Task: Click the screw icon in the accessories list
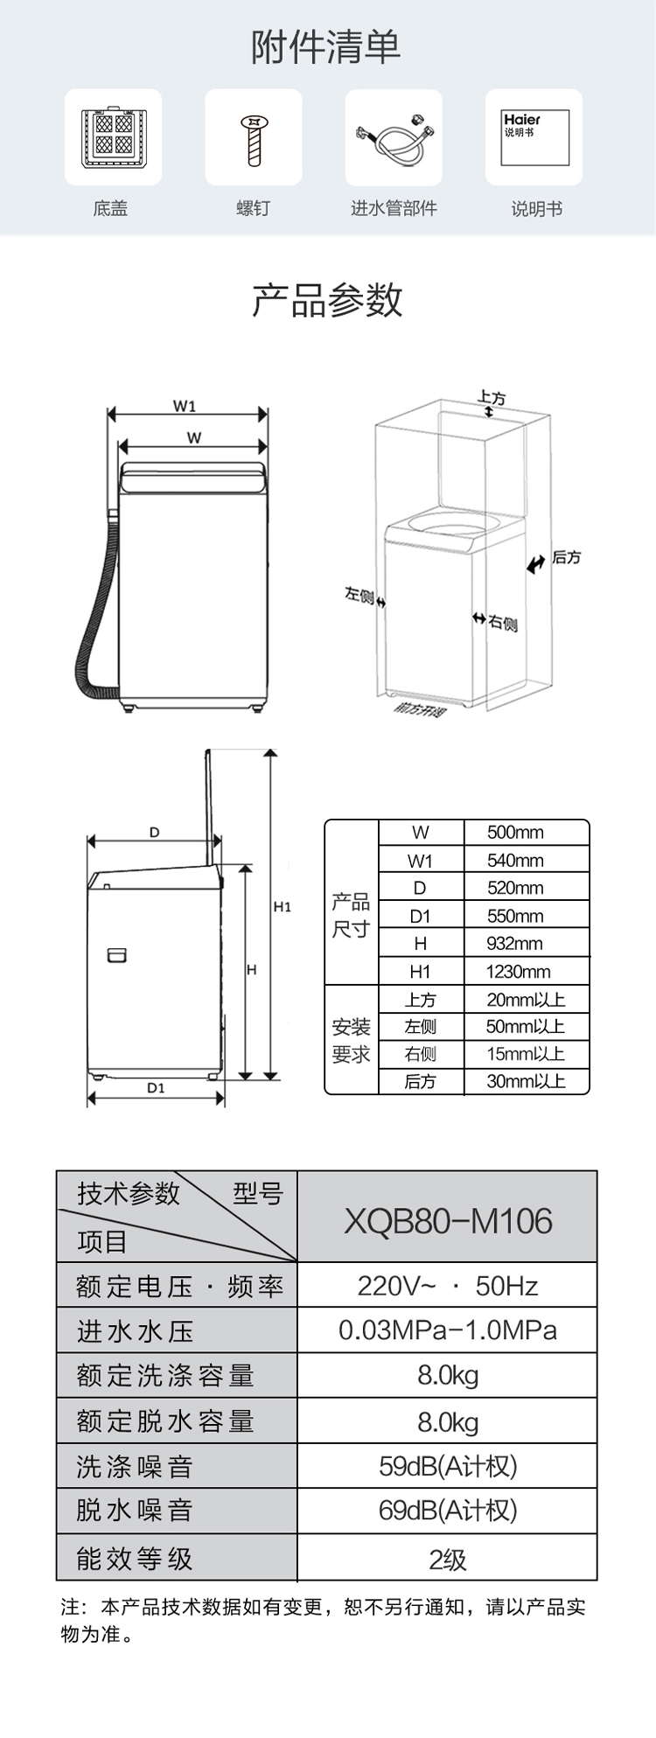tap(254, 138)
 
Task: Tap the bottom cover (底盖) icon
tap(113, 138)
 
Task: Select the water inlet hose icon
tap(393, 136)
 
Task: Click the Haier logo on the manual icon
tap(521, 120)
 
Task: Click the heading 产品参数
tap(327, 300)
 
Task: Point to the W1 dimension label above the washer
tap(184, 406)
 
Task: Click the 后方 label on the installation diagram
tap(566, 558)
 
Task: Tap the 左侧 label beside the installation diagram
tap(359, 596)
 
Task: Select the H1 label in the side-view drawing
tap(282, 907)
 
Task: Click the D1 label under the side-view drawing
tap(155, 1088)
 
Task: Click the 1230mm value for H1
tap(518, 972)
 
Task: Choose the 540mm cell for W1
tap(515, 861)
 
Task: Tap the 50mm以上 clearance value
tap(525, 1027)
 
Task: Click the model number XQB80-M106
tap(448, 1221)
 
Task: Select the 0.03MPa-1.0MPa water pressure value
tap(448, 1330)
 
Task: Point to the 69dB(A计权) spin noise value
tap(448, 1511)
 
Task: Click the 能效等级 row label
tap(134, 1559)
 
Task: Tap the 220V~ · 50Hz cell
tap(448, 1286)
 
